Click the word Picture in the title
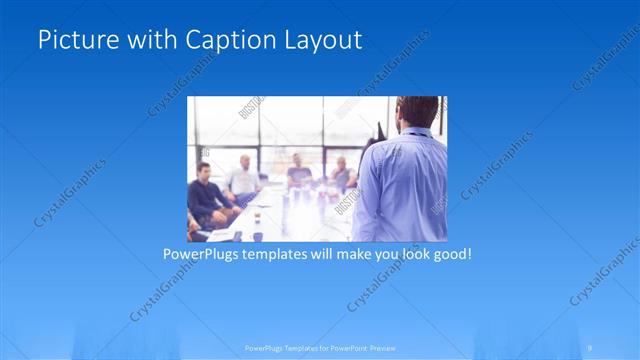point(73,40)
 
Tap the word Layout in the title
point(321,40)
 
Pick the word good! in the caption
point(450,254)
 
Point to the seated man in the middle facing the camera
point(299,172)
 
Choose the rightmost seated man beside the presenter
point(342,174)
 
